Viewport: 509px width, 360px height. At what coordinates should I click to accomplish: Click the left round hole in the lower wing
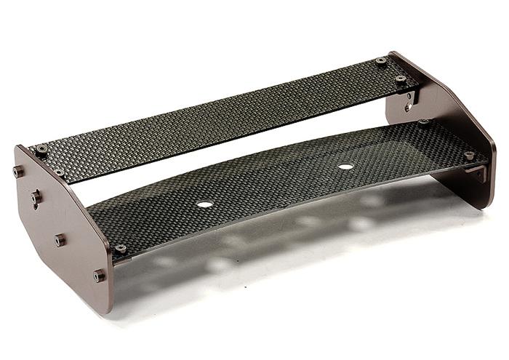205,204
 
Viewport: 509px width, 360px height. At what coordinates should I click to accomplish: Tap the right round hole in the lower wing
345,167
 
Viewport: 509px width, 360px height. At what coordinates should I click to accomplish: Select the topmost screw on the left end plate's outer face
18,172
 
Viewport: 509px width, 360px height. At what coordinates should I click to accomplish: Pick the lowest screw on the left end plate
99,276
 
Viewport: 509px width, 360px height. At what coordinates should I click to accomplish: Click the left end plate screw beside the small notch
36,197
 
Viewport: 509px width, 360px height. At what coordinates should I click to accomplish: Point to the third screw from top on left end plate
60,239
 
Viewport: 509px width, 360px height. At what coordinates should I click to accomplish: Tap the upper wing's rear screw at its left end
41,149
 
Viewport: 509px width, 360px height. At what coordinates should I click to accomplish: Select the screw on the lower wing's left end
121,249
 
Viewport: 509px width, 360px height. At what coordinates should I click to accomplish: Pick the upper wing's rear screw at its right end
381,62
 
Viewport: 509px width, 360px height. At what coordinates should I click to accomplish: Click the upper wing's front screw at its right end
401,79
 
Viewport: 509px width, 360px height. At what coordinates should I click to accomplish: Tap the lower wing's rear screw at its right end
424,122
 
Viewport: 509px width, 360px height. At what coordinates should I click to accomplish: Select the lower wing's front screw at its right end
469,155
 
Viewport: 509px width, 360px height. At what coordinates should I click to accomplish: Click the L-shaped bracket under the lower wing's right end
476,173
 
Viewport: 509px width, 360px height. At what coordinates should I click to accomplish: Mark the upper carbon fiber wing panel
218,116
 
